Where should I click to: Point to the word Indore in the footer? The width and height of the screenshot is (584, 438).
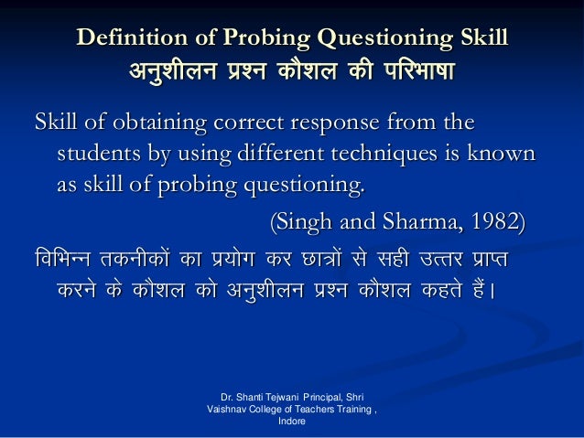pos(290,424)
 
